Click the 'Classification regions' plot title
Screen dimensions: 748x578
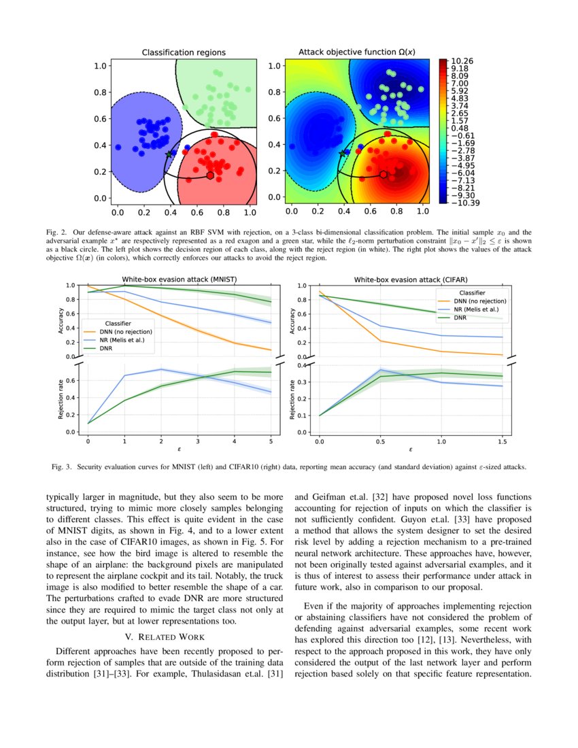tap(184, 52)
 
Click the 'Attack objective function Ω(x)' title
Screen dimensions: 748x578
tap(357, 52)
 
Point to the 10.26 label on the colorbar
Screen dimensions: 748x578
tap(463, 61)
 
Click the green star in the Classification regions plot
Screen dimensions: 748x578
tap(170, 154)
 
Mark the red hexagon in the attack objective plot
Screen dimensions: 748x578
tap(384, 175)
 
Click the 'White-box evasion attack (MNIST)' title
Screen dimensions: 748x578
tap(180, 279)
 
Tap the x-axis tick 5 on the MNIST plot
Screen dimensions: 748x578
tap(271, 441)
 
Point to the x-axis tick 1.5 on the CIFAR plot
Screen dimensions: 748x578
tap(502, 441)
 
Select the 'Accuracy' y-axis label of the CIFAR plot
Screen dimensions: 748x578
tap(294, 321)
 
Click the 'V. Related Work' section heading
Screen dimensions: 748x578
tap(167, 636)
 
